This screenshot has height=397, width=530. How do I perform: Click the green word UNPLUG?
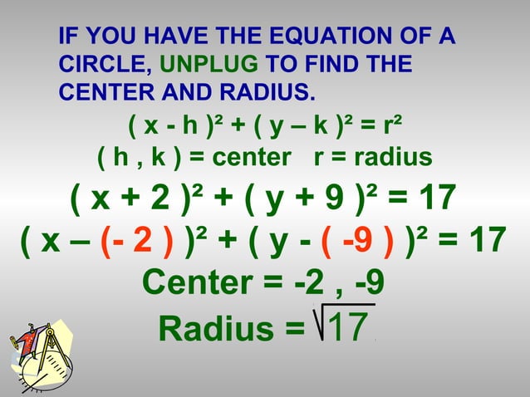coord(207,63)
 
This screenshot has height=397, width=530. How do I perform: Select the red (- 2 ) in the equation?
coord(136,240)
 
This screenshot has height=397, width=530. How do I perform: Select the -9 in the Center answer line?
coord(369,282)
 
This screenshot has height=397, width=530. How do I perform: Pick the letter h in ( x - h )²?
coord(189,127)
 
